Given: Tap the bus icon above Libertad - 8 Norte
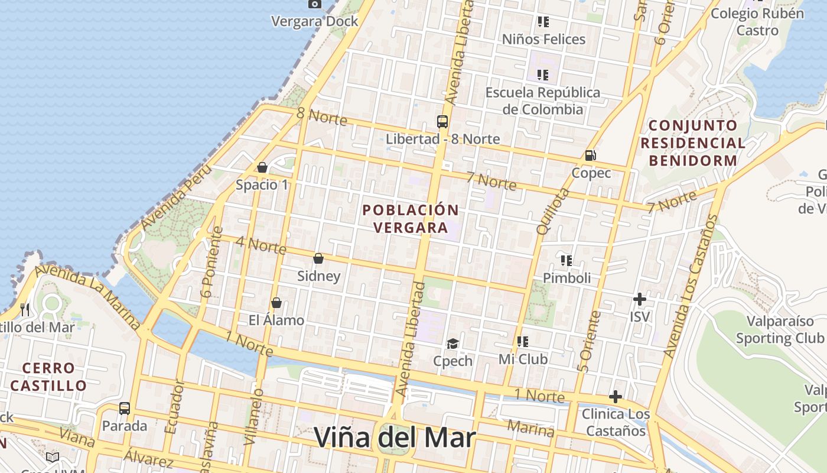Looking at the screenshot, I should [x=442, y=122].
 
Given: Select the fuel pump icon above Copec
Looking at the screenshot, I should [x=590, y=155].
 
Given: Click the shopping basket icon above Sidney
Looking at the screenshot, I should [x=318, y=258].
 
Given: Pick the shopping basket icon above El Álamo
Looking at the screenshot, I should [x=276, y=303].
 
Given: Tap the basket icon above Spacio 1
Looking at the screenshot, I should [x=262, y=167].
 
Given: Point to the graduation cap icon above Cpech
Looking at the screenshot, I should [x=452, y=344].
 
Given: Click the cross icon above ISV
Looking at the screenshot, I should [x=639, y=299].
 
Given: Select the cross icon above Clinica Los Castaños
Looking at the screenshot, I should [x=616, y=396].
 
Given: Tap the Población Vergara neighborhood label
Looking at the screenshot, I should [x=411, y=219].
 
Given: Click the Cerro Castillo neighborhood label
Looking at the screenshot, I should [x=48, y=377].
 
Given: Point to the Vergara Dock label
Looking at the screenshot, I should [x=315, y=21].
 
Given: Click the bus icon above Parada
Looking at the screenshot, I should [x=125, y=409].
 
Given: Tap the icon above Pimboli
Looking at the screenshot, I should [x=566, y=260].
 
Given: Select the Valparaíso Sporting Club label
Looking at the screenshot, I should [x=780, y=329].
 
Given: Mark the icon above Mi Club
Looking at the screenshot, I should [x=523, y=342].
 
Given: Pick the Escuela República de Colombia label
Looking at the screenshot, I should [x=542, y=101].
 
